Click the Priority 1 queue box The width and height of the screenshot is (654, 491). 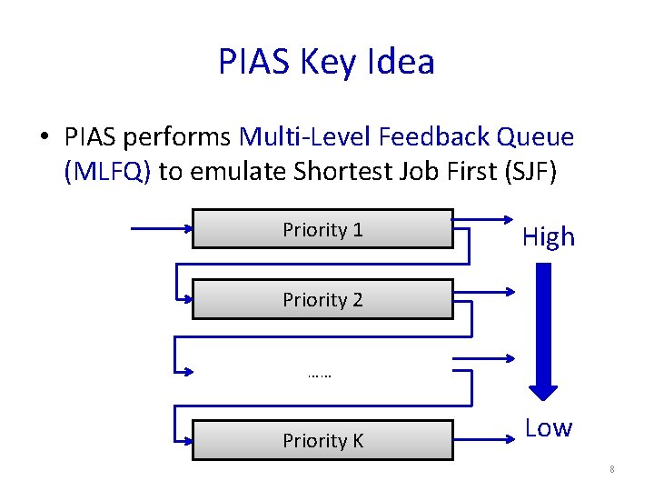pos(322,229)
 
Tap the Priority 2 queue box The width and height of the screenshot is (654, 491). pos(322,299)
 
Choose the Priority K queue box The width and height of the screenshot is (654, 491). pos(322,440)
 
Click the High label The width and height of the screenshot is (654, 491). pos(548,237)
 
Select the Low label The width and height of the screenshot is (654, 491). pos(548,427)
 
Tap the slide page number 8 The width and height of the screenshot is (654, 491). pos(612,469)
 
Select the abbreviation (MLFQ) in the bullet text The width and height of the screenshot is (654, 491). pos(107,172)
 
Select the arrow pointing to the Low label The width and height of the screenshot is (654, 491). pos(481,440)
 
